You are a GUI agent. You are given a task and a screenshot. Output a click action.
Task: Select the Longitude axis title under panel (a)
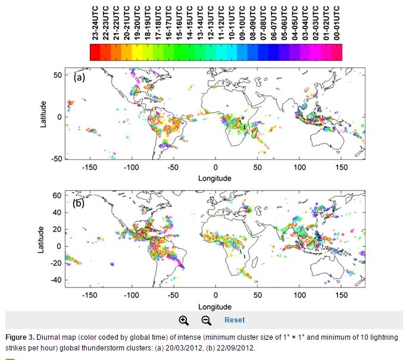[215, 178]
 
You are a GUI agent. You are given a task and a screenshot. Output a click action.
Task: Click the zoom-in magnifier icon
[183, 320]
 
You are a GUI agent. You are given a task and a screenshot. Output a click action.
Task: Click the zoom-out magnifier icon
[206, 320]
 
